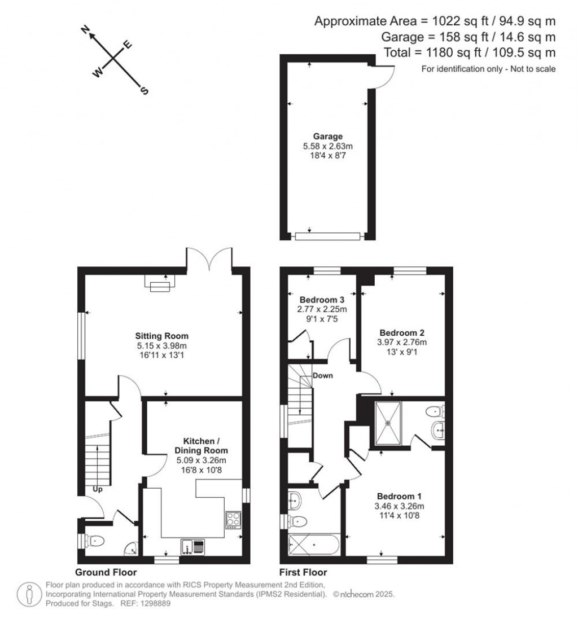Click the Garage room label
click(x=327, y=137)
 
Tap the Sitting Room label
click(x=162, y=336)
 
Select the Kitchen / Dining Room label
click(x=201, y=445)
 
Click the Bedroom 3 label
click(x=322, y=300)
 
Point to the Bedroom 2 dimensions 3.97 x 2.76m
click(x=402, y=342)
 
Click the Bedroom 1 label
click(x=399, y=496)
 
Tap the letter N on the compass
click(x=85, y=29)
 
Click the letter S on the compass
click(x=144, y=91)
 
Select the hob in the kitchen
click(x=233, y=519)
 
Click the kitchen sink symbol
click(x=193, y=547)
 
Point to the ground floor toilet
click(x=95, y=541)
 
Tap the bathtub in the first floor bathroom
click(x=314, y=545)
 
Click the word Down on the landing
click(x=322, y=375)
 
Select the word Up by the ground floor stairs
click(x=98, y=489)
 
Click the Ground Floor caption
click(x=106, y=572)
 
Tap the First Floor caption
click(x=303, y=572)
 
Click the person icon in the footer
click(x=29, y=594)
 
